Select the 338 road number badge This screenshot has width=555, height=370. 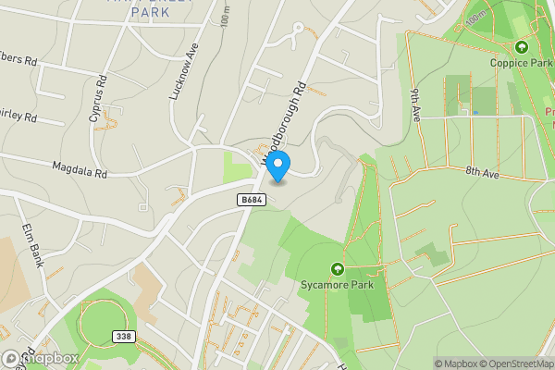coord(124,337)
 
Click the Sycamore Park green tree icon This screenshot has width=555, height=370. coord(337,269)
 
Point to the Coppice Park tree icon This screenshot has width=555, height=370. coord(521,46)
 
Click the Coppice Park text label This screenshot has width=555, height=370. coord(521,63)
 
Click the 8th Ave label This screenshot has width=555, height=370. coord(482,172)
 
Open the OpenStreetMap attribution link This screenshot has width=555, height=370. coord(512,364)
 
